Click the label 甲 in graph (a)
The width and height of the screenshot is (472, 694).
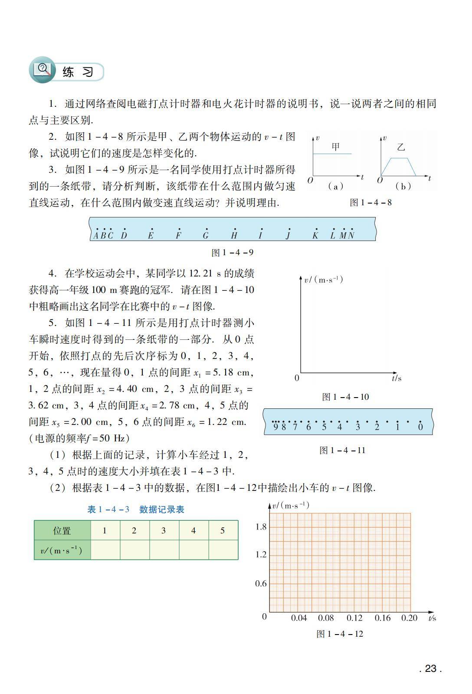pos(335,147)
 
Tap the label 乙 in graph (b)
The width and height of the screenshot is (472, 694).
pos(400,147)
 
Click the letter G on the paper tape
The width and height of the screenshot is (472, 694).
pos(206,236)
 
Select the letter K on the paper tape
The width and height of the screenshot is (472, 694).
pos(315,236)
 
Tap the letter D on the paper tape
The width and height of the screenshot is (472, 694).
pos(124,236)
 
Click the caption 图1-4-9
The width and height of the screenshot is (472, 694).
pos(232,252)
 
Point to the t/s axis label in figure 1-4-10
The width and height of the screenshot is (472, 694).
pos(397,378)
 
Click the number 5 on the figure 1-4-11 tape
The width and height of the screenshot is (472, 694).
pos(324,427)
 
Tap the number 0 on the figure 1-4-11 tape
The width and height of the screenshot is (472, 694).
pos(420,427)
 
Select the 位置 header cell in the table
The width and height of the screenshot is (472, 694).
pos(62,530)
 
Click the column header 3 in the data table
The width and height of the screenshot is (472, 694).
pos(164,530)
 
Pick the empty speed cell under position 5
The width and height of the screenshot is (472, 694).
pos(223,550)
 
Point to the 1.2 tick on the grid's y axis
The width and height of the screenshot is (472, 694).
pos(261,555)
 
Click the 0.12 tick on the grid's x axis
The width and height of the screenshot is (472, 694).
pos(354,618)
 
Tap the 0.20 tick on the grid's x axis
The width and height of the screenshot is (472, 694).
pos(409,618)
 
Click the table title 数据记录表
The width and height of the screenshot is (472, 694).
pos(161,509)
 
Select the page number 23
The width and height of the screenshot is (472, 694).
pos(430,668)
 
